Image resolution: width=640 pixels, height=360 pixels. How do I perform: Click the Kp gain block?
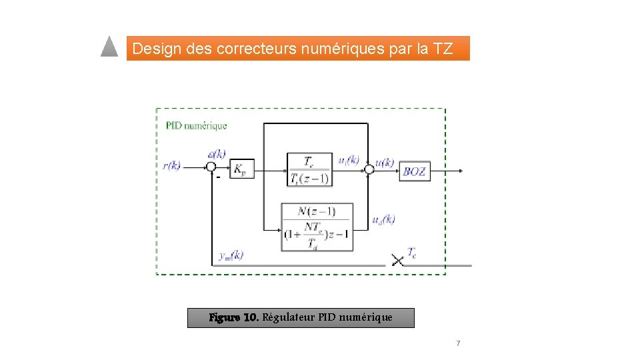pyautogui.click(x=239, y=169)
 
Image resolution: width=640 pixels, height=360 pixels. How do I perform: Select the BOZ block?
pyautogui.click(x=415, y=171)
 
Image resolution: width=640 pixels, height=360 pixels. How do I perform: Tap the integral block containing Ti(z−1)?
pyautogui.click(x=309, y=170)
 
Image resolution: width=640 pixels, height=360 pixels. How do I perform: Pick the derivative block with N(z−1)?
pyautogui.click(x=316, y=227)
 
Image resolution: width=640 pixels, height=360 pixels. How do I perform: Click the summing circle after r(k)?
pyautogui.click(x=211, y=167)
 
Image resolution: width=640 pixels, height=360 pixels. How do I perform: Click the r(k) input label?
pyautogui.click(x=172, y=165)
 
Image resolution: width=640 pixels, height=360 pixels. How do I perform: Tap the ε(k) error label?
pyautogui.click(x=216, y=154)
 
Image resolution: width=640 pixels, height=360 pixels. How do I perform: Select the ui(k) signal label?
pyautogui.click(x=349, y=160)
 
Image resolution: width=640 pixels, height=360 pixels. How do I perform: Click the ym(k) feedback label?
pyautogui.click(x=231, y=255)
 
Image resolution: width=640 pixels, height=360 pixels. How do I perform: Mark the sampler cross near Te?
pyautogui.click(x=397, y=260)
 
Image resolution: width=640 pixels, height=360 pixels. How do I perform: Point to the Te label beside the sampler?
pyautogui.click(x=413, y=253)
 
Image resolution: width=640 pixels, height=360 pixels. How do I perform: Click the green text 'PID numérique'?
pyautogui.click(x=196, y=125)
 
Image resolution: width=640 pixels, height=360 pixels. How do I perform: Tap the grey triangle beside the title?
pyautogui.click(x=109, y=47)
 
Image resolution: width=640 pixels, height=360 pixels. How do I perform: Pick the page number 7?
pyautogui.click(x=458, y=343)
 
